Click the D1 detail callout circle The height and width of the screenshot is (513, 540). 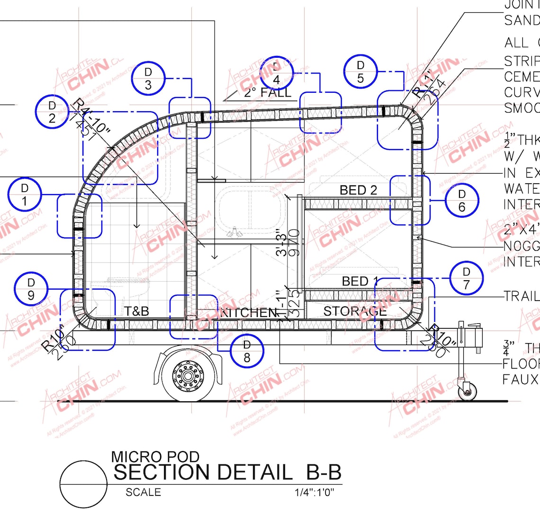coord(25,195)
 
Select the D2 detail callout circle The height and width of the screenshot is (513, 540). coord(52,112)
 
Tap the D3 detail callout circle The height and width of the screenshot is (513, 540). coord(148,78)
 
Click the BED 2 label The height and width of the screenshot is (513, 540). coord(358,190)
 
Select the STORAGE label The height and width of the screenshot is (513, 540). coord(355,311)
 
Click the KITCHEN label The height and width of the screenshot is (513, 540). coord(248,312)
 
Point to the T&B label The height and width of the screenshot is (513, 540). coord(136,311)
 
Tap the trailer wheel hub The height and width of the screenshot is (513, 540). coord(188,376)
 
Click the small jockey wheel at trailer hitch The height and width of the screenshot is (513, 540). coord(467,391)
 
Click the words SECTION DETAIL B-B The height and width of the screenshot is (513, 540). coord(227,472)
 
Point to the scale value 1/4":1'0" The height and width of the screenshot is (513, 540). coord(314,492)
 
